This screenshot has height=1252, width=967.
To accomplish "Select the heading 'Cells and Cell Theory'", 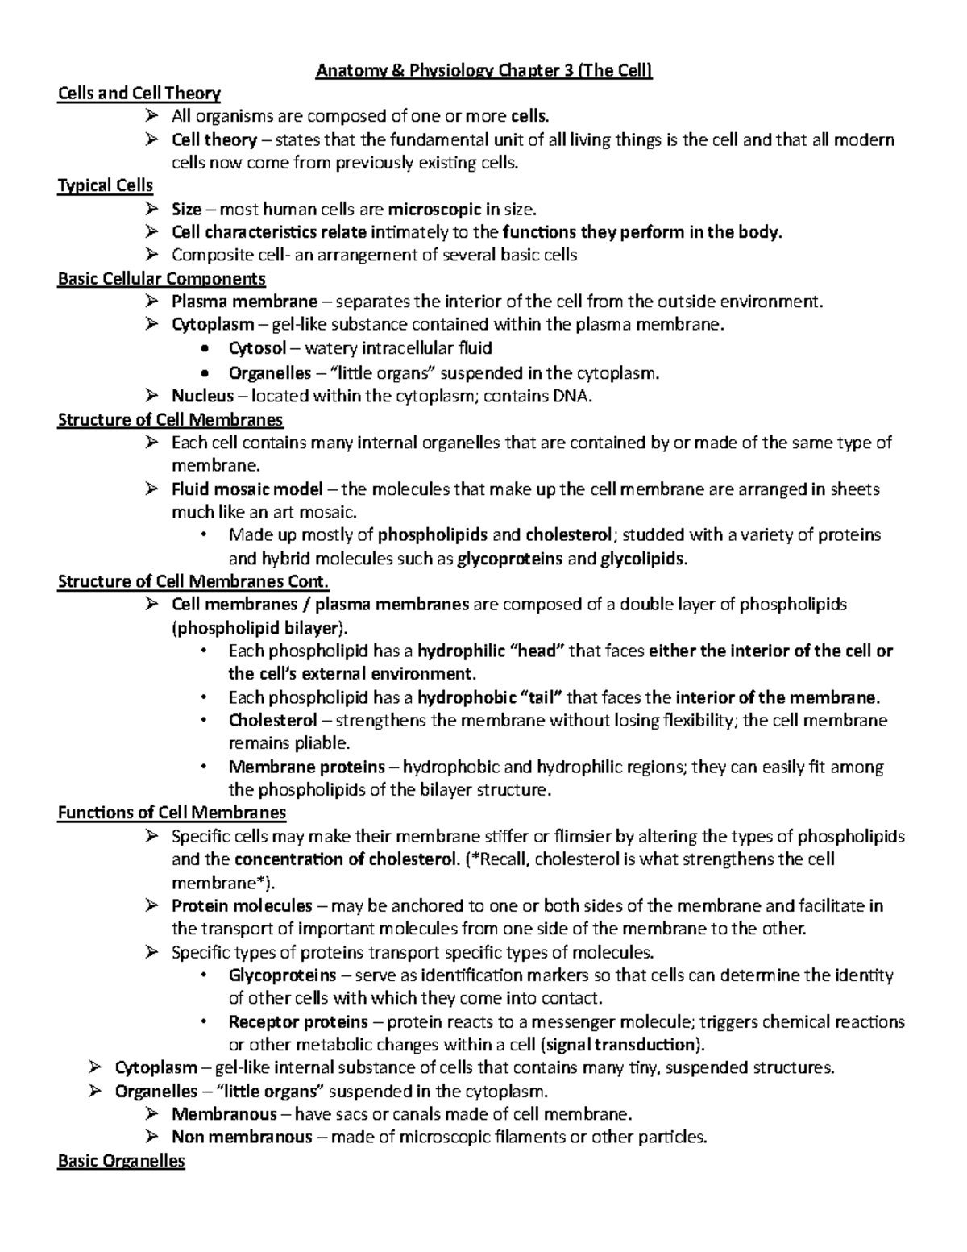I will click(139, 94).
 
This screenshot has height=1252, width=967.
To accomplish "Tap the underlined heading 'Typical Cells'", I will click(105, 186).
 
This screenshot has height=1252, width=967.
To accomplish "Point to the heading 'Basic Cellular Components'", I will click(161, 279).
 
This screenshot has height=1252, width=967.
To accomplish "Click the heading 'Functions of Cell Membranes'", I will click(172, 813).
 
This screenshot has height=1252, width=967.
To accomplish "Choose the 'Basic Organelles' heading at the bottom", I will click(121, 1161).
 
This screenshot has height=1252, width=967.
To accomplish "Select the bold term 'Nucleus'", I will click(202, 396).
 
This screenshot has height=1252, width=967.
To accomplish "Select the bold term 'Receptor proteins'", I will click(298, 1022).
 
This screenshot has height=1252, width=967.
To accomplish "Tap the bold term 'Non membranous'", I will click(242, 1138).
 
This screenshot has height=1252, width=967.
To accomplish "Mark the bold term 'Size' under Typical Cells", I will click(186, 210).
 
